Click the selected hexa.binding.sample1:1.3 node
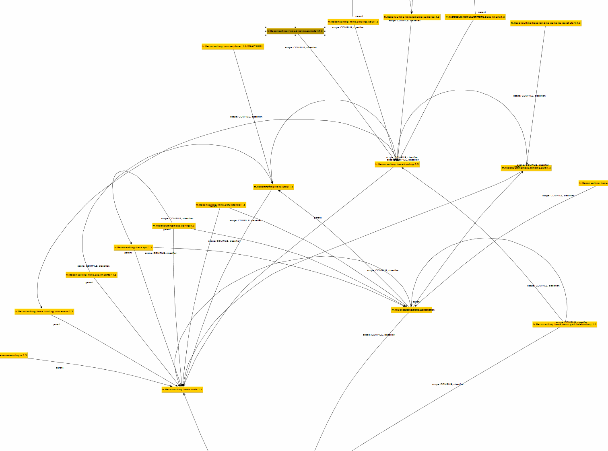295,31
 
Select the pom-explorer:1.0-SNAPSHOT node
233,47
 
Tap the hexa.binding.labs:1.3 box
353,22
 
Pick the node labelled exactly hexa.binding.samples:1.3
412,17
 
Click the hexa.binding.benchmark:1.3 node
475,17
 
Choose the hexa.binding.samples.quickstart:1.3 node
546,23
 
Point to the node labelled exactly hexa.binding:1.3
397,164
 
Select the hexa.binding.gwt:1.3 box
526,168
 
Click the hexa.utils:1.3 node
274,187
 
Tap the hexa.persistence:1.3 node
221,205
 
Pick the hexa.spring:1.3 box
174,226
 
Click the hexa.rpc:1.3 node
134,248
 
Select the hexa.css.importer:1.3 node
92,275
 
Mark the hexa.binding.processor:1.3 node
44,312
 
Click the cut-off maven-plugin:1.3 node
13,355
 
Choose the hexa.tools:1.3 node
182,389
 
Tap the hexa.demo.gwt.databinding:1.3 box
565,325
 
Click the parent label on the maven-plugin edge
60,368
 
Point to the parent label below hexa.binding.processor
56,324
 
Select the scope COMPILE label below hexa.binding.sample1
301,47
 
